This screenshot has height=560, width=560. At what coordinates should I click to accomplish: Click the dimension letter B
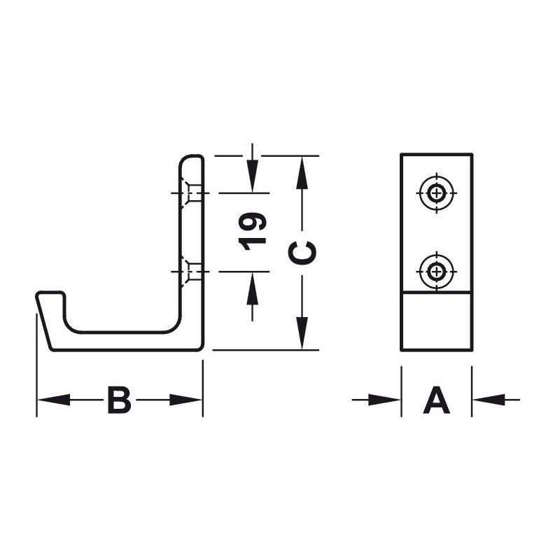(119, 400)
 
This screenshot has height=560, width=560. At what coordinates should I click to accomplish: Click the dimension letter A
(436, 400)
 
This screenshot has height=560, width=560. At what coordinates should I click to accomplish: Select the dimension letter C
(302, 253)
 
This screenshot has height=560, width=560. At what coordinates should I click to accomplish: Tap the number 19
(253, 232)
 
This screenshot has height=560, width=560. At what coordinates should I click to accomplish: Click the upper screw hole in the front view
(436, 193)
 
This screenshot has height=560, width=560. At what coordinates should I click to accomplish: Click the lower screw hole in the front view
(436, 272)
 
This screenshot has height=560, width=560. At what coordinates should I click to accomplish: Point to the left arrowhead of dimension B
(54, 400)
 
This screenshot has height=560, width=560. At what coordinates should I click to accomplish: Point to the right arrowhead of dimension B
(185, 400)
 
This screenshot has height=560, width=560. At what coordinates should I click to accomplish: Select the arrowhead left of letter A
(384, 400)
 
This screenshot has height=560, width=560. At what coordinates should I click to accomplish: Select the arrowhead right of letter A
(489, 400)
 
